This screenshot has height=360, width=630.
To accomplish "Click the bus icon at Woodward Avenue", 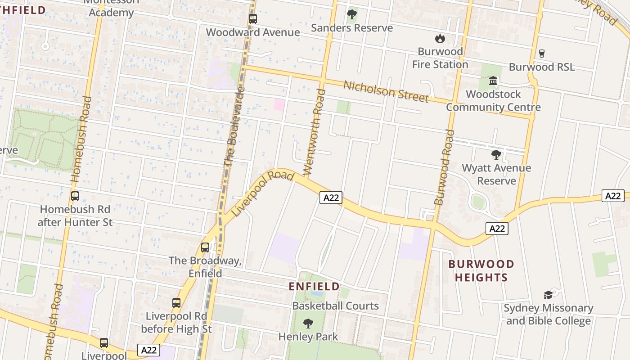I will tap(253, 19).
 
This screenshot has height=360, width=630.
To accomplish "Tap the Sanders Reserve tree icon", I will tap(352, 15).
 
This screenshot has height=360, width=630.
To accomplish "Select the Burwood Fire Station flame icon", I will tap(440, 38).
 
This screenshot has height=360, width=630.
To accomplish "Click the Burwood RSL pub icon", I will tap(541, 53).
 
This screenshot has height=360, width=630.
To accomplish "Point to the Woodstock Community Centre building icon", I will tap(493, 81).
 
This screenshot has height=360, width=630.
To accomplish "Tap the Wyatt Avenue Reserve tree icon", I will tap(496, 155).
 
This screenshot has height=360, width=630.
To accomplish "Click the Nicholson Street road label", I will tap(386, 91).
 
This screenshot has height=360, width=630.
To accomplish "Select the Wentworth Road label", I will tap(315, 131).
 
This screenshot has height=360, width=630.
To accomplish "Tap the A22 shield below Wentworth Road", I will tap(331, 198).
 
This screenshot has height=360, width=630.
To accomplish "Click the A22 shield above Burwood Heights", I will tap(497, 229).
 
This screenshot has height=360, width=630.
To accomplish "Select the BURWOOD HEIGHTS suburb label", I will tap(481, 270).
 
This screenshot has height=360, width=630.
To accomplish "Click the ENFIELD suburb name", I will tap(314, 286).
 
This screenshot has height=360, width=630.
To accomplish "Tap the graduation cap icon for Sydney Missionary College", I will tap(548, 295).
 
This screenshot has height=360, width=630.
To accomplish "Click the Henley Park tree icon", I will tap(308, 323).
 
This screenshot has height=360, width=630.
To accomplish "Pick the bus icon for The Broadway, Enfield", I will tap(205, 247).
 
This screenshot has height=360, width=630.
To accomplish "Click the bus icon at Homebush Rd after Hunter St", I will tap(75, 196).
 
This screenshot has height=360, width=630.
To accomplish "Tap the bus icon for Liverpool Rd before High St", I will tap(176, 303).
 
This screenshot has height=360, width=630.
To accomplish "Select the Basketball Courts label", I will tap(336, 306).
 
